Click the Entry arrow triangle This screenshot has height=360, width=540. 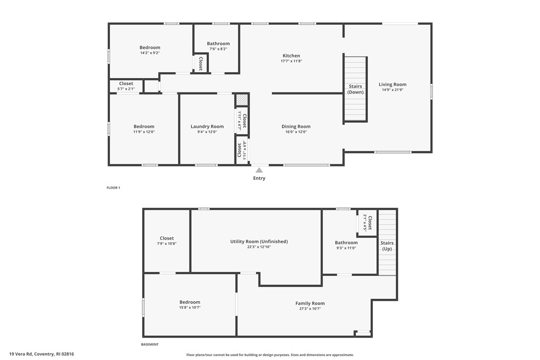pyautogui.click(x=259, y=171)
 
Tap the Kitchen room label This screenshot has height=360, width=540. pyautogui.click(x=291, y=56)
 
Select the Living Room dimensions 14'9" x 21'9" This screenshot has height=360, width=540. pyautogui.click(x=392, y=90)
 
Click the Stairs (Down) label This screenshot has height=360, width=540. pyautogui.click(x=356, y=89)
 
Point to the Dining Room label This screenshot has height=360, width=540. pyautogui.click(x=296, y=126)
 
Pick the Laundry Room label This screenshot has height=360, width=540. pyautogui.click(x=207, y=126)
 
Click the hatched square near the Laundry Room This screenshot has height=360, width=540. pyautogui.click(x=242, y=99)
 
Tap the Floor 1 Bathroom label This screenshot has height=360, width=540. pyautogui.click(x=218, y=44)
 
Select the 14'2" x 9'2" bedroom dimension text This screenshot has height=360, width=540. pyautogui.click(x=150, y=53)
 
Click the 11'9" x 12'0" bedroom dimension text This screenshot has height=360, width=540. pyautogui.click(x=144, y=132)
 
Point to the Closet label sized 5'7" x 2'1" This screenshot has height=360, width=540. pyautogui.click(x=126, y=84)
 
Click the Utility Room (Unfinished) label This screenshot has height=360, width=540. pyautogui.click(x=259, y=242)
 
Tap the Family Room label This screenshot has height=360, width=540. pyautogui.click(x=310, y=303)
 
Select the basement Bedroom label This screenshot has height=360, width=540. pyautogui.click(x=189, y=302)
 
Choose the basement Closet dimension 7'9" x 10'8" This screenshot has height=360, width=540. pyautogui.click(x=167, y=244)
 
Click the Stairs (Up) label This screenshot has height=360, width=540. pyautogui.click(x=387, y=246)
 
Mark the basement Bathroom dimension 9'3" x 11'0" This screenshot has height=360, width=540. pyautogui.click(x=346, y=248)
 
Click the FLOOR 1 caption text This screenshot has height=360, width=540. pyautogui.click(x=113, y=188)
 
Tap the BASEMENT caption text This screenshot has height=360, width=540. pyautogui.click(x=150, y=345)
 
